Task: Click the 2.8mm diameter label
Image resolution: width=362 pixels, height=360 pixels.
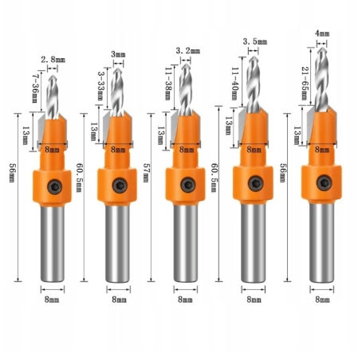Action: tap(53, 60)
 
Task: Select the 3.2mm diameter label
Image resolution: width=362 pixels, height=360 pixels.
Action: tap(187, 50)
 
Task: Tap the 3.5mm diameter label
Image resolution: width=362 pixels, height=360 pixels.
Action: tap(255, 41)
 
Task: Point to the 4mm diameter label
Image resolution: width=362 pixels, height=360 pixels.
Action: tap(322, 33)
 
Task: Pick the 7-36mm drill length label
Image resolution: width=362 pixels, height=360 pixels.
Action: tap(36, 89)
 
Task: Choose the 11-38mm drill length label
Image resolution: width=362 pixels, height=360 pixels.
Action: tap(168, 84)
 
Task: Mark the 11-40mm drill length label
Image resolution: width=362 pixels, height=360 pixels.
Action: tap(234, 84)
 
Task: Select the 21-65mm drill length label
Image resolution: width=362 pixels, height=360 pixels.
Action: tap(305, 84)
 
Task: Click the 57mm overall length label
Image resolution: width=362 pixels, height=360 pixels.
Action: tap(146, 173)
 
